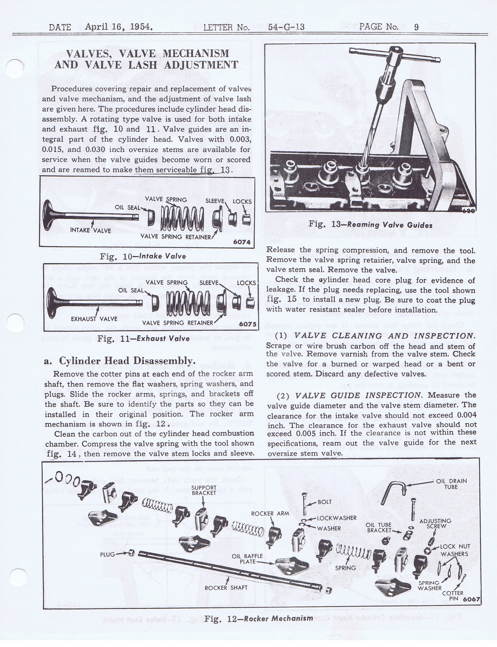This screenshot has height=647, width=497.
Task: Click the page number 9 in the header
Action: tap(416, 27)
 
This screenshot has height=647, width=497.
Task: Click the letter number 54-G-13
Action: tap(286, 27)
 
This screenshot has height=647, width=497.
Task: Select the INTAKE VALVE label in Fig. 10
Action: tap(91, 230)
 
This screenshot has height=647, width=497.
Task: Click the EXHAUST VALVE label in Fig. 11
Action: tap(94, 319)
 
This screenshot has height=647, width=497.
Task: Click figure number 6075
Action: tap(248, 324)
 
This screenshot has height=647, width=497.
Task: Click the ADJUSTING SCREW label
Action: tap(435, 523)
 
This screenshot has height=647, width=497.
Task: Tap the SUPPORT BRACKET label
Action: tap(204, 490)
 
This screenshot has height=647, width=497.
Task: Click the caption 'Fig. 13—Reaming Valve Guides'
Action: tap(370, 225)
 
